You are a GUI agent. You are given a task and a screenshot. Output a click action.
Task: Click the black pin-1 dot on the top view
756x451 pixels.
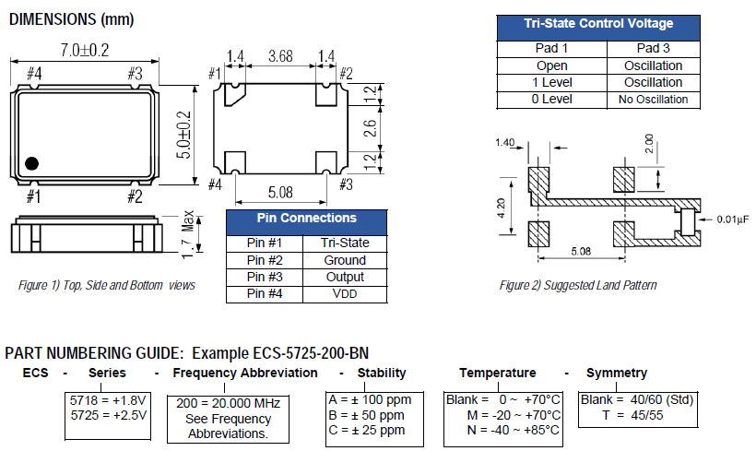point(32,163)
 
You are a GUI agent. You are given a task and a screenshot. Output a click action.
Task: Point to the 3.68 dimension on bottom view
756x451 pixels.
point(281,57)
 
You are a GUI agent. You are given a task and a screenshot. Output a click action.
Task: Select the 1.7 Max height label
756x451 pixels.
point(188,232)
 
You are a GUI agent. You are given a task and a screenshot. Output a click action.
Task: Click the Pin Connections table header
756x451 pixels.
point(306,219)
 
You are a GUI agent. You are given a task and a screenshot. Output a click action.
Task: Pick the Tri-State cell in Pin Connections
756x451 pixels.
point(344,243)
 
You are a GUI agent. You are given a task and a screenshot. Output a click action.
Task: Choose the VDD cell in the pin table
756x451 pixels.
point(344,294)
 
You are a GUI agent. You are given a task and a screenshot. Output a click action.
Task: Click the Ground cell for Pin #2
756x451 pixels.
point(344,260)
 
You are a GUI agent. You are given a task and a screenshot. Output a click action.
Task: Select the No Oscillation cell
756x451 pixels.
point(653,100)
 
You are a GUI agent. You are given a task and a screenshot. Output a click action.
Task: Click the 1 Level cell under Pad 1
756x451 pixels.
point(551,83)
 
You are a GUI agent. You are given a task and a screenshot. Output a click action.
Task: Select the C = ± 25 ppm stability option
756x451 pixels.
point(366,430)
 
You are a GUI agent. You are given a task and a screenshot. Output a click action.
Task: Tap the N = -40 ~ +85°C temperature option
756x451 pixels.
point(502,430)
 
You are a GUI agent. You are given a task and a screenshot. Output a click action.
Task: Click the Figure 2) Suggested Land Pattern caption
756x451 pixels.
point(578,285)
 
